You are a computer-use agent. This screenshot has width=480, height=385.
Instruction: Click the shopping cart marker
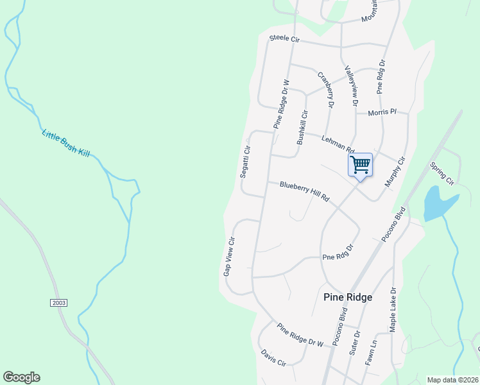(360, 165)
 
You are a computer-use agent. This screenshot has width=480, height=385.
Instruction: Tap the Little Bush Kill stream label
(68, 143)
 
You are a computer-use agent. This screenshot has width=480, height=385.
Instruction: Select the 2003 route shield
(57, 302)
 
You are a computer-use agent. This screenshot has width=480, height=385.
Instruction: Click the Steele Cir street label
(284, 39)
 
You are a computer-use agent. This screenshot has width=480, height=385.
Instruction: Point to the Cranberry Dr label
(327, 89)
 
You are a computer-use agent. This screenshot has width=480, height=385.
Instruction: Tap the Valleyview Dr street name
(350, 85)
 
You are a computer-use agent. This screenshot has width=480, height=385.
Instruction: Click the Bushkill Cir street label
(302, 127)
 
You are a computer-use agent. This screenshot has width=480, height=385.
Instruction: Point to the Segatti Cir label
(244, 162)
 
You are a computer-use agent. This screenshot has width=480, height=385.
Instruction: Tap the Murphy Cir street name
(395, 172)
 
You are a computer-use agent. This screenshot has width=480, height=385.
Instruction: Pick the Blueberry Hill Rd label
(304, 191)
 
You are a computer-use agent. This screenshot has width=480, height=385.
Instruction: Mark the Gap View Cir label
(230, 256)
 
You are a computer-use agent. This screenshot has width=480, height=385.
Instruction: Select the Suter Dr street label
(355, 343)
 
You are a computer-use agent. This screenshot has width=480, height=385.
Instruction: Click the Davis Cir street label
(273, 357)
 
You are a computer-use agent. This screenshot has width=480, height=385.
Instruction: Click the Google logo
(21, 377)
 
